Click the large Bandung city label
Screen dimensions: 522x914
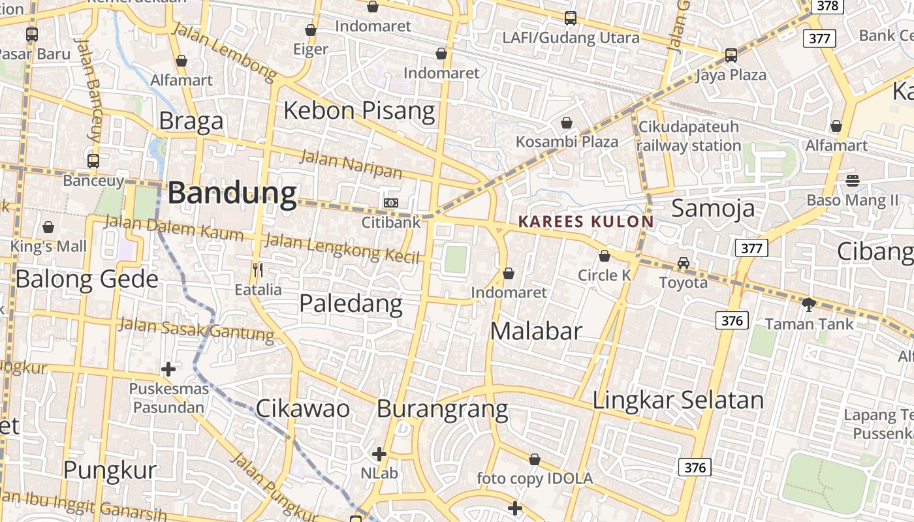tap(232, 194)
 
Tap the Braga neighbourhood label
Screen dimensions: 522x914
tap(191, 121)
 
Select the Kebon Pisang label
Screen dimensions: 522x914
tap(359, 110)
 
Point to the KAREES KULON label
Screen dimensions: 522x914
tap(586, 222)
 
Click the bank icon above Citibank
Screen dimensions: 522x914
tap(391, 203)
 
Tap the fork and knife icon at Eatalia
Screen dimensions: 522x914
tap(258, 269)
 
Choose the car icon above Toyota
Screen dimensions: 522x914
tap(684, 263)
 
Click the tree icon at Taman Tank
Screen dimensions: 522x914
tap(809, 304)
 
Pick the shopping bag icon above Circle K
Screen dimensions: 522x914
tap(605, 256)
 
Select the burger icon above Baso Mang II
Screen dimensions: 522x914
tap(853, 180)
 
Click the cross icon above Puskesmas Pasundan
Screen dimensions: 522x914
tap(168, 369)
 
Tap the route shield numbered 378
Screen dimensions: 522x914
tap(828, 6)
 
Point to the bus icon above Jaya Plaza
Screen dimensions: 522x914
tap(731, 55)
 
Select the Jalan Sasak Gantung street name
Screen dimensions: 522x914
tap(197, 329)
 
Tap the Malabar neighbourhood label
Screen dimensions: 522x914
tap(536, 331)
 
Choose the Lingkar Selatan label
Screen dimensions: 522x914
tap(678, 400)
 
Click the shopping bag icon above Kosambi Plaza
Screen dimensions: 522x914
tap(567, 123)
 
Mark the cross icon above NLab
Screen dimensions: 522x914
tap(379, 453)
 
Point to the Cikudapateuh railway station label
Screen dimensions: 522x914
tap(689, 136)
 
